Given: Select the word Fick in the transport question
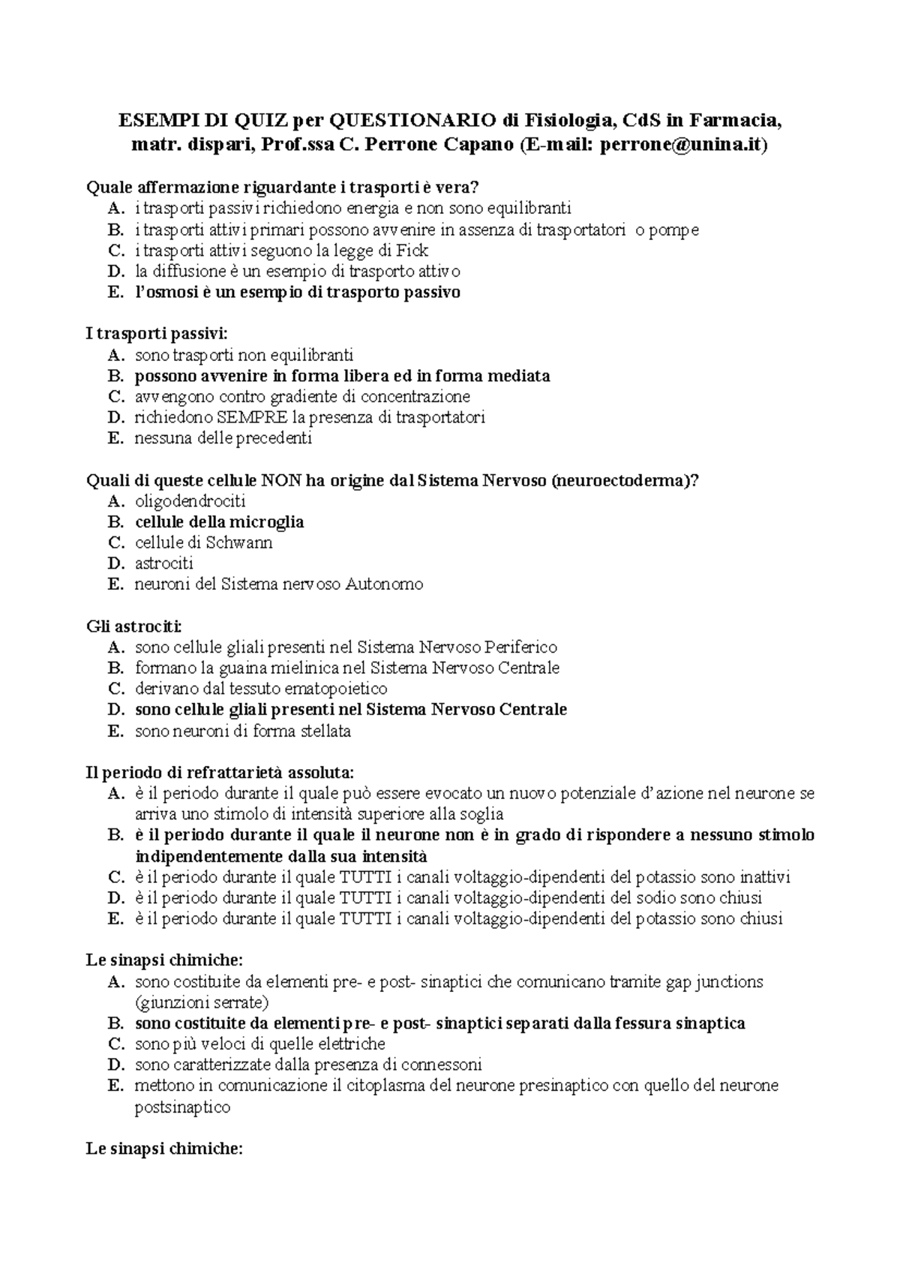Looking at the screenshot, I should (x=412, y=251).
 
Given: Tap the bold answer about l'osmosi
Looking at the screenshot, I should (x=297, y=293).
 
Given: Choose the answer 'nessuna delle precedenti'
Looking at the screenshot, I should (x=223, y=438).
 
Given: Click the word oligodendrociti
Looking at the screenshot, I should (x=190, y=501).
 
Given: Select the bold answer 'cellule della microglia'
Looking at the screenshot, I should (x=219, y=522).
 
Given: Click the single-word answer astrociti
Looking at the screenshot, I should (x=163, y=563).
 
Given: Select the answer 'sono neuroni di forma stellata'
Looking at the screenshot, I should (x=242, y=731).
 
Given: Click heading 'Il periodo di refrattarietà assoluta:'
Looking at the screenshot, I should (x=220, y=772).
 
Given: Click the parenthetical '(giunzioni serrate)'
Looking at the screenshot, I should (x=202, y=1002).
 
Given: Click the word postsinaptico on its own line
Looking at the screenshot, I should (x=182, y=1107).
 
